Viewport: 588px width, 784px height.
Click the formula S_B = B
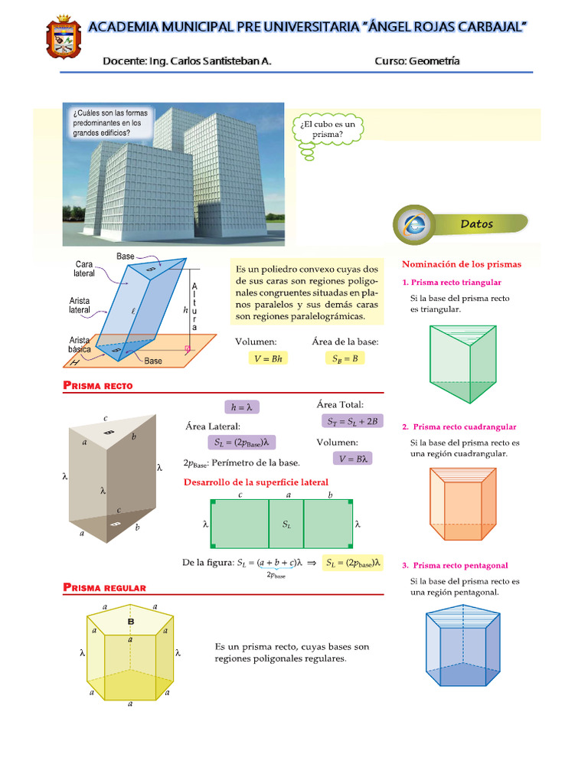coord(345,358)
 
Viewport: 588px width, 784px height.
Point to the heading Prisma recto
coord(97,386)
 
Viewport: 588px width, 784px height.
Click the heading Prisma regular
coord(103,587)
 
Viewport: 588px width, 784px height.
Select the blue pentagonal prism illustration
coord(462,651)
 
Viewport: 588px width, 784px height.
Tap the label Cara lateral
coord(84,268)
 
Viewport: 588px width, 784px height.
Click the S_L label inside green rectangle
coord(286,524)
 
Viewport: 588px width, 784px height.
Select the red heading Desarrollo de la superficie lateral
coord(256,482)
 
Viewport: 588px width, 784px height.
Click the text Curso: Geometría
coord(417,61)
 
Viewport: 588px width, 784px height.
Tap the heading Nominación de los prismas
coord(461,264)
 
